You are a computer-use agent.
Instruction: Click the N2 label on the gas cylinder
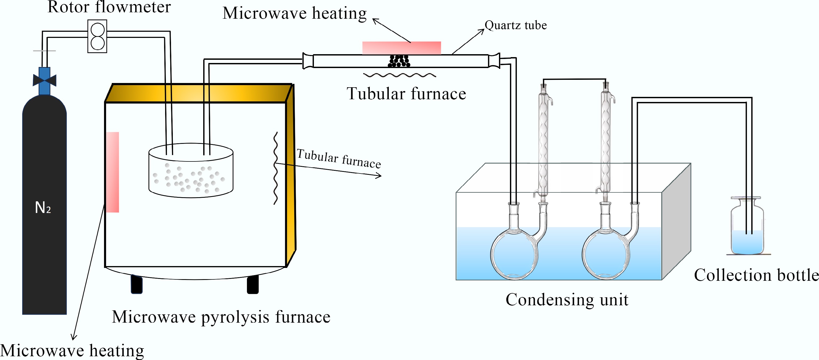[43, 208]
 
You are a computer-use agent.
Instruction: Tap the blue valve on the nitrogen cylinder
[45, 80]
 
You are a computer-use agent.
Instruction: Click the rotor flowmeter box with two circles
[97, 36]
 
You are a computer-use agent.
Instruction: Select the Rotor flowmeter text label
[109, 7]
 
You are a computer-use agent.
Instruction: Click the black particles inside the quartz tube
[399, 61]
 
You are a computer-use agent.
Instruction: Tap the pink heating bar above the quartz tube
[402, 48]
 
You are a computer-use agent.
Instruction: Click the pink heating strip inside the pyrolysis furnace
[113, 172]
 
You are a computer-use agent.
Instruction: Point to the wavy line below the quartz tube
[400, 75]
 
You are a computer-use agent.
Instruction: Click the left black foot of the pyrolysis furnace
[137, 284]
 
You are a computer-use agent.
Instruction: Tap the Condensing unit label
[567, 300]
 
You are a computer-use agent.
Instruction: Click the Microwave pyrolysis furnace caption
[221, 317]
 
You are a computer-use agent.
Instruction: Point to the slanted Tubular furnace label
[339, 158]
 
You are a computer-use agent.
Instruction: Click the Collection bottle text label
[756, 275]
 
